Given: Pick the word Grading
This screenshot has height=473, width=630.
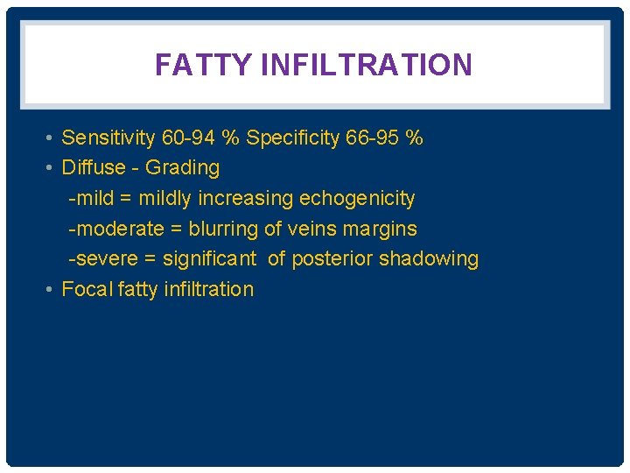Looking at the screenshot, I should click(182, 167).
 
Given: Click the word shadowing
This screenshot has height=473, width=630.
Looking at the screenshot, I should click(429, 258).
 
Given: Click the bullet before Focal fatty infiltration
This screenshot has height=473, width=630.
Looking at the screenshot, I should click(52, 289).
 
